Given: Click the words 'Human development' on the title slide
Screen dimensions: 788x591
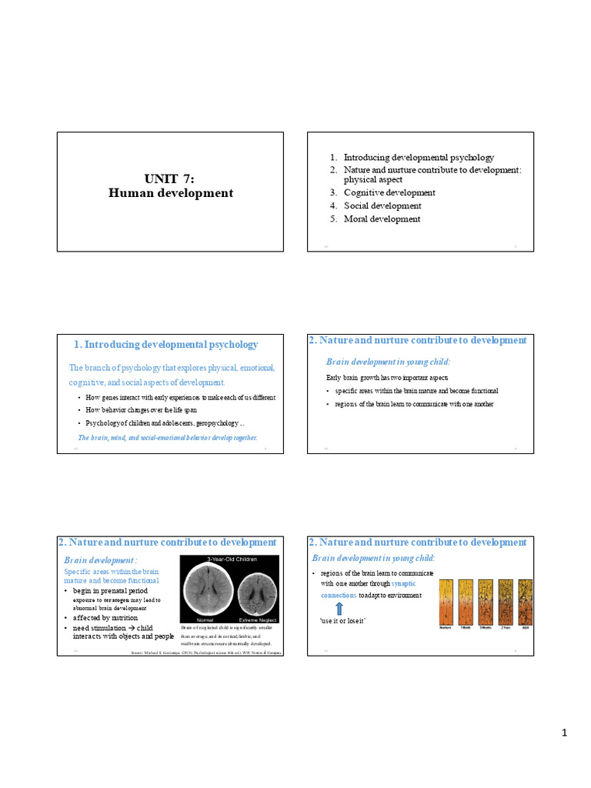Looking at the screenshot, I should click(x=170, y=193).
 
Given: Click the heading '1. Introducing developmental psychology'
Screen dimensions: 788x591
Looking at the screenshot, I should click(x=166, y=345).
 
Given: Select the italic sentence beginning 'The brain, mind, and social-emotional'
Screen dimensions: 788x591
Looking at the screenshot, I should click(x=168, y=437).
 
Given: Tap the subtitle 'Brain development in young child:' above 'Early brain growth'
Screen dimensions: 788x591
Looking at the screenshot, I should click(x=389, y=361).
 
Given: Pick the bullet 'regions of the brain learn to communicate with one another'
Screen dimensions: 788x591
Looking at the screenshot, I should click(x=414, y=404).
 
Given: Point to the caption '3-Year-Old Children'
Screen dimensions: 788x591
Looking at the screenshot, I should click(x=232, y=559).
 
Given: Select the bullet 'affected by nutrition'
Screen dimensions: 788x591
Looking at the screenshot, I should click(x=105, y=618).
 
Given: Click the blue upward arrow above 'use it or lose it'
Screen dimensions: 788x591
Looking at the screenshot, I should click(x=339, y=607).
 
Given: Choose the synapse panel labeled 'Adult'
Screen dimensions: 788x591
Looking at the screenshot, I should click(x=525, y=600).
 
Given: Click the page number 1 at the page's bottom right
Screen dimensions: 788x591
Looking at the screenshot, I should click(x=563, y=733).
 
